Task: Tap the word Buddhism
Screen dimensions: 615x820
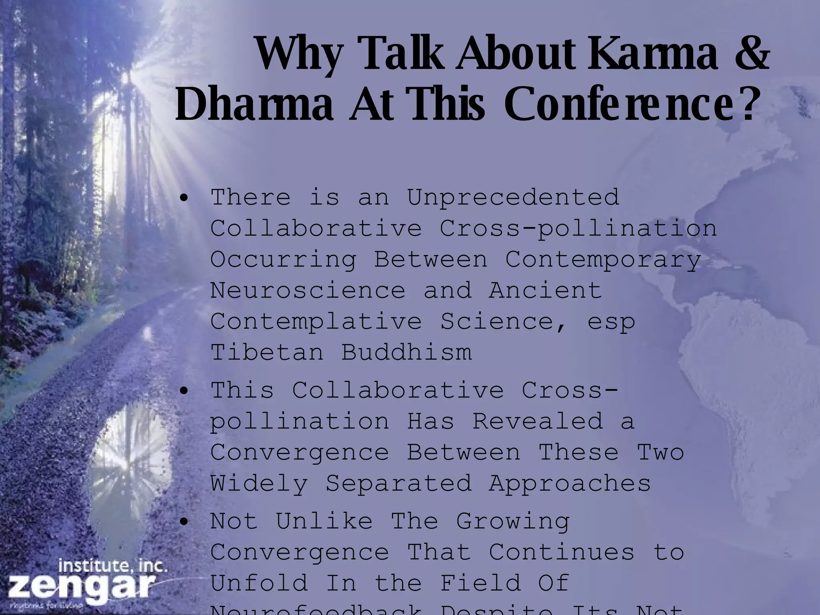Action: pos(406,352)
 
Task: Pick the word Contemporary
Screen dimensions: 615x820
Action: pos(603,259)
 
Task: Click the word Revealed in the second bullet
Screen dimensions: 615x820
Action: pos(538,421)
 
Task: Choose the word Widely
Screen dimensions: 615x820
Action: pos(259,483)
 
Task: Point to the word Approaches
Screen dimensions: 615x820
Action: pos(570,483)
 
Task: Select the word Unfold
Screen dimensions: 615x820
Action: pos(259,583)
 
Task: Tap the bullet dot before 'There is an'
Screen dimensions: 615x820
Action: pos(184,199)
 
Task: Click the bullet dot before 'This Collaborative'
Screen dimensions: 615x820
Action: pos(184,391)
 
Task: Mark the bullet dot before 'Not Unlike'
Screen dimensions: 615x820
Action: pos(184,522)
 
